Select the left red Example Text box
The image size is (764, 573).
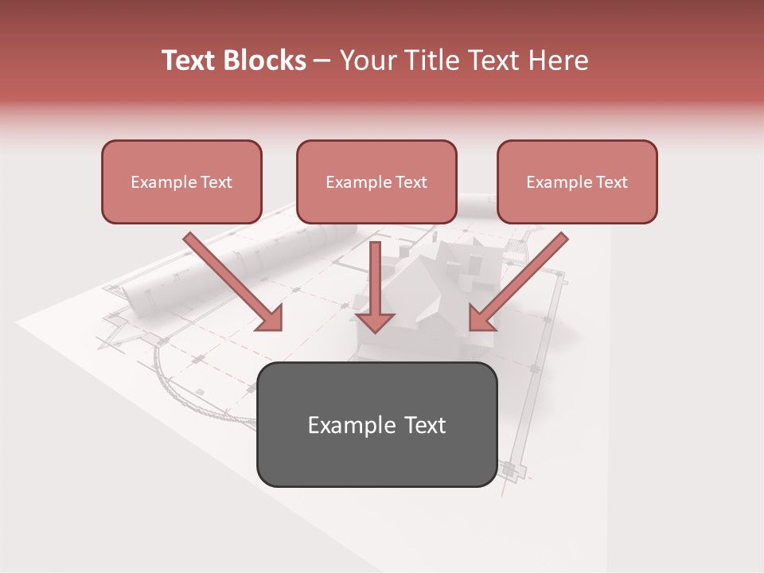pos(181,181)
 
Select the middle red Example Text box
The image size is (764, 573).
pos(376,181)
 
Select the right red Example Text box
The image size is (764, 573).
pos(577,181)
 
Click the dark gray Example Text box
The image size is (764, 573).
pos(376,424)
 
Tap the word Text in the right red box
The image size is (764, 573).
pos(612,182)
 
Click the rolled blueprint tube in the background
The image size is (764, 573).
pos(239,263)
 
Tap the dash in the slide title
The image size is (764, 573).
pos(322,60)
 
